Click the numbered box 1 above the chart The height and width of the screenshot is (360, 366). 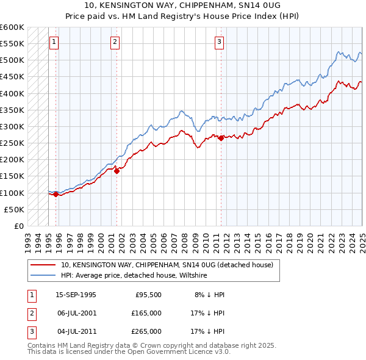(x=54, y=42)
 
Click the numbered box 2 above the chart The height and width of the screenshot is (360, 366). (x=115, y=42)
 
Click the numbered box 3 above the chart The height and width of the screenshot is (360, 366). (x=219, y=42)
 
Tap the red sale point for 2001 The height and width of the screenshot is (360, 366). (x=116, y=171)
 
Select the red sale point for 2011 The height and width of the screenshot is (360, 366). (x=221, y=138)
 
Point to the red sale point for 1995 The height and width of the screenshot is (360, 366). (x=56, y=195)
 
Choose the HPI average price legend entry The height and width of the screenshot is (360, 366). (x=134, y=275)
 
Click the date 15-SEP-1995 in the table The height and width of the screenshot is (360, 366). (x=76, y=295)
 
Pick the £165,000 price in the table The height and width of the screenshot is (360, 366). (x=146, y=313)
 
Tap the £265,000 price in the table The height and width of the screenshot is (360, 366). (x=146, y=331)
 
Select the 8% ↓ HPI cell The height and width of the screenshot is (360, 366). (x=210, y=295)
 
